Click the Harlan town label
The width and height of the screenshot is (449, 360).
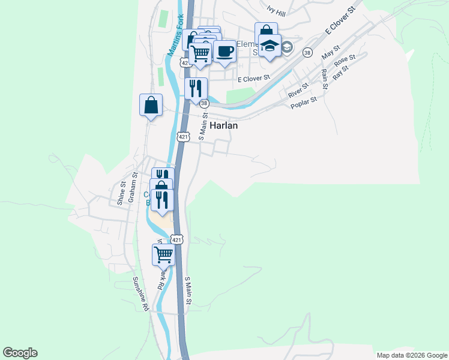point(224,126)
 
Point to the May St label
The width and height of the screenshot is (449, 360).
point(331,52)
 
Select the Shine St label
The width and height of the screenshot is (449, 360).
point(121,193)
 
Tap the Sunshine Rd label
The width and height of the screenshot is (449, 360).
point(140,294)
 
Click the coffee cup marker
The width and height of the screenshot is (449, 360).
point(224,51)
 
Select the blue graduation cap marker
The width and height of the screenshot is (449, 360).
point(270,45)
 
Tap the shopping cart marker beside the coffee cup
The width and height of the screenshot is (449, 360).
point(200,53)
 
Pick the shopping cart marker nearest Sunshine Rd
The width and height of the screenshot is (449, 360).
point(163,254)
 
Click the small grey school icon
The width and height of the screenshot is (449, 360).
point(287,47)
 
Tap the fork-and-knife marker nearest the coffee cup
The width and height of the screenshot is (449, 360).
point(196,89)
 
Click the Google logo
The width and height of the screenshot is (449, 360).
point(20,353)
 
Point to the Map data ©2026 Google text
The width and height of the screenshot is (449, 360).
point(412,355)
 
